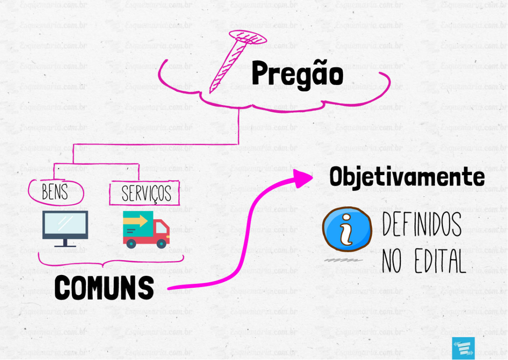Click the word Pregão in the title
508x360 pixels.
[297, 76]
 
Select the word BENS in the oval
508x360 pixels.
[55, 192]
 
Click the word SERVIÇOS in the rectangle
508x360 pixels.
[146, 194]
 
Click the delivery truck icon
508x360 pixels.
[146, 229]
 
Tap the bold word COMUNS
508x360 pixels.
[104, 288]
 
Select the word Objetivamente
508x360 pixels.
[407, 177]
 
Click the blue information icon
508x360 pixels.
[347, 229]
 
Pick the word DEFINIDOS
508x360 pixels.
[422, 224]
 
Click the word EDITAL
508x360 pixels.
[440, 261]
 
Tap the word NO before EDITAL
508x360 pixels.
[392, 261]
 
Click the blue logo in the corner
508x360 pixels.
[463, 349]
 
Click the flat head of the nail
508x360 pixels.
[248, 37]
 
